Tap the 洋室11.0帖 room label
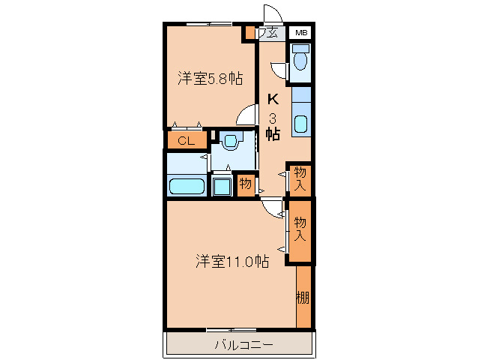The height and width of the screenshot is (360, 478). tap(233, 261)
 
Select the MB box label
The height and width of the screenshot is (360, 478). tap(300, 33)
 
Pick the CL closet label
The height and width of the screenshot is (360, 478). tap(186, 140)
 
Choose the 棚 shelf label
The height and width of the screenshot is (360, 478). tap(303, 297)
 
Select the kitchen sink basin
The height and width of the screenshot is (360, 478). tap(300, 124)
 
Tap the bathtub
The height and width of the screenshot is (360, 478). tap(185, 186)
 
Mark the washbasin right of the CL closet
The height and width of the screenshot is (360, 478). tap(231, 139)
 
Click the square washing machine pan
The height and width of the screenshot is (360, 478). tap(223, 185)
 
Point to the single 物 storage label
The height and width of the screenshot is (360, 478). tap(245, 184)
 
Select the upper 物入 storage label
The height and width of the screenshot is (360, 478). tap(300, 178)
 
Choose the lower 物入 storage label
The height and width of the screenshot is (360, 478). tap(300, 228)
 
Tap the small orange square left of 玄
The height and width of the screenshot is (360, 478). tap(249, 34)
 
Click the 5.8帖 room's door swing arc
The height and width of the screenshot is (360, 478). tap(244, 115)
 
